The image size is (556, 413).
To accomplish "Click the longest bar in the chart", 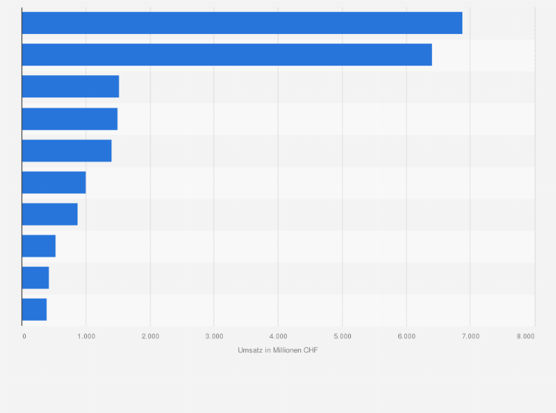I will click(242, 23).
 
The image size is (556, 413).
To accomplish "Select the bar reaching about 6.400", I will click(226, 55).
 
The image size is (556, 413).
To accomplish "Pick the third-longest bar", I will click(70, 86).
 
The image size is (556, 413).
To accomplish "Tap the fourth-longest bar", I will click(69, 118).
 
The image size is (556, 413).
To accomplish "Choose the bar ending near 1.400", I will click(66, 150).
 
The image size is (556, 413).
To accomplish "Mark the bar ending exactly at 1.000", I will click(54, 182).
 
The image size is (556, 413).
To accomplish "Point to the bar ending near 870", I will click(49, 214).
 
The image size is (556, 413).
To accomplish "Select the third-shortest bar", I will click(38, 246).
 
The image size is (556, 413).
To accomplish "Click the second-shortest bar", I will click(35, 277).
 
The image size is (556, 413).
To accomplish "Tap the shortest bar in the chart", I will click(34, 309).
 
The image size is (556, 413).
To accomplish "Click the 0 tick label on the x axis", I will click(24, 336).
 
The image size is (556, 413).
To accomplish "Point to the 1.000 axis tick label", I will click(86, 336).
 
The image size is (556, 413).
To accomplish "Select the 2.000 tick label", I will click(150, 336).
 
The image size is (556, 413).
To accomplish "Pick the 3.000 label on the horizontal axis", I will click(214, 336).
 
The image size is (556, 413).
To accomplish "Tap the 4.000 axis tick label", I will click(278, 336).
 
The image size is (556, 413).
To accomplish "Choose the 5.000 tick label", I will click(342, 336).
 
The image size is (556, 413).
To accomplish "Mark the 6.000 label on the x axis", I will click(406, 336).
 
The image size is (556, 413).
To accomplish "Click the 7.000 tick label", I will click(470, 336).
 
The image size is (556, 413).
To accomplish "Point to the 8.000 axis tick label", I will click(526, 336).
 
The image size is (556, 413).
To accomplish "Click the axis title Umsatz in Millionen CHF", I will click(278, 350).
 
